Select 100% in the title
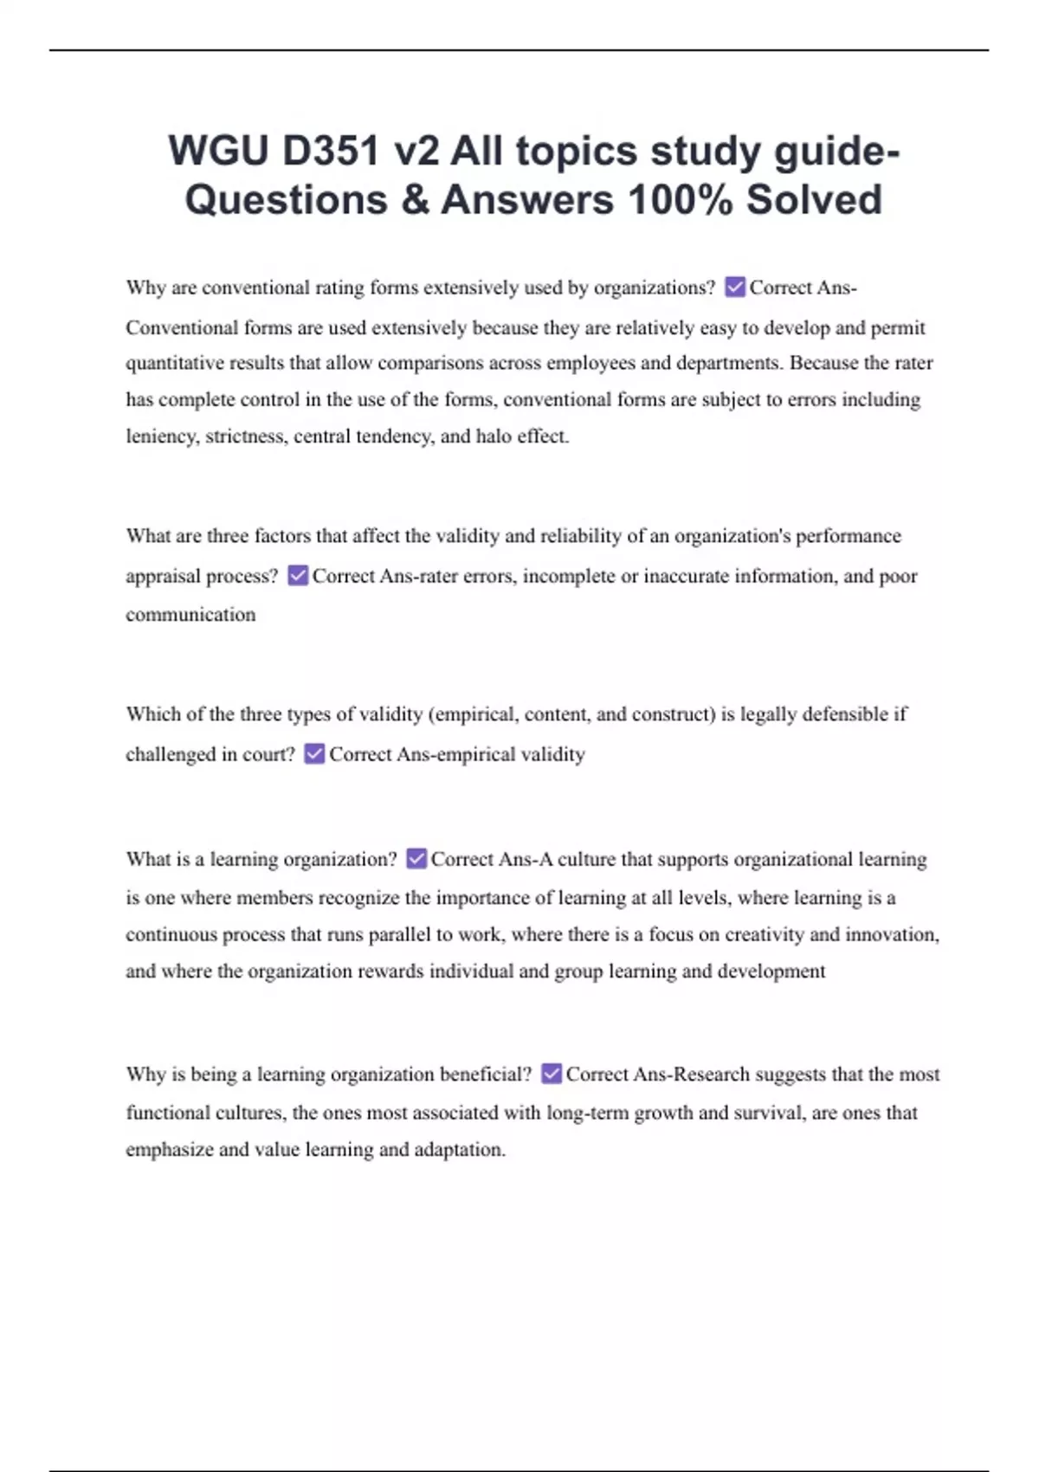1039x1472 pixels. click(681, 200)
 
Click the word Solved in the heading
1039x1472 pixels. click(814, 200)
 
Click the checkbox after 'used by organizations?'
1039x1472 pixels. click(734, 287)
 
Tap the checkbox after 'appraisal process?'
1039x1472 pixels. click(298, 575)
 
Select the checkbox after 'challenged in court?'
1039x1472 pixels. click(314, 753)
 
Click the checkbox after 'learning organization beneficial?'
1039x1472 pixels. click(551, 1074)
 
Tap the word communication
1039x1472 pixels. click(190, 615)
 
